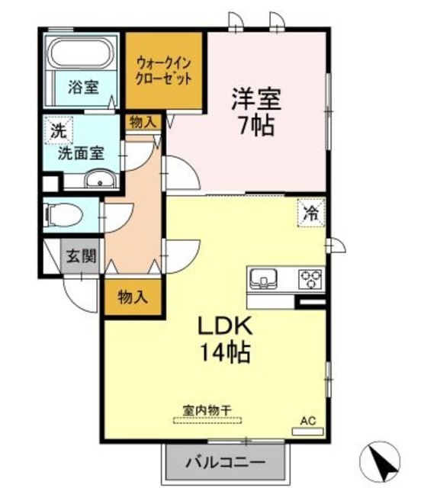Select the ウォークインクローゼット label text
click(x=163, y=70)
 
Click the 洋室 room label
click(x=256, y=99)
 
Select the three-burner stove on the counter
click(x=311, y=279)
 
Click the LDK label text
click(x=225, y=326)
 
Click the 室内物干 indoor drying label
click(x=207, y=409)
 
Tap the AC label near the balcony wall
click(x=307, y=420)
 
